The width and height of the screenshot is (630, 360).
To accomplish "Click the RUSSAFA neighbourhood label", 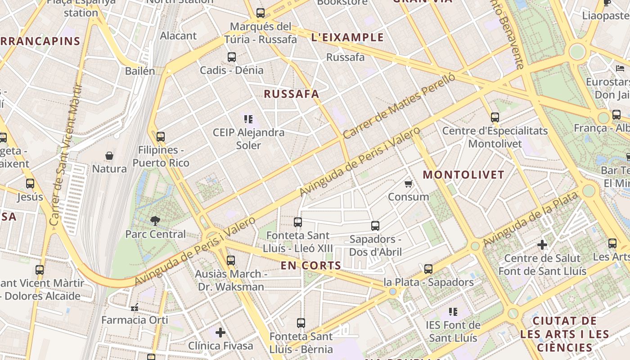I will coord(291,94).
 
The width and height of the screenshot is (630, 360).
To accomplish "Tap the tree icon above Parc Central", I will coord(155,220).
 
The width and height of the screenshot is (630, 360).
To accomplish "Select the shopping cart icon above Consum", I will coord(408,184).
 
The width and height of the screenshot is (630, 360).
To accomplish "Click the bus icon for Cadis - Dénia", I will coord(232,57).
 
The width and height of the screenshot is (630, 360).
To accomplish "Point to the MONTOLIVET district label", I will coord(463,175).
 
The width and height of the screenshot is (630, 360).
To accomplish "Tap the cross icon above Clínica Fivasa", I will coord(220,333).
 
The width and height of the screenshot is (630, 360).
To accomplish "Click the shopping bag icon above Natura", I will coord(109,156).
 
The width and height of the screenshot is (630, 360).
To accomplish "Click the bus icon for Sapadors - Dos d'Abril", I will coord(375,226).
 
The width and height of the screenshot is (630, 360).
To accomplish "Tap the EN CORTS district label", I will coord(311,265).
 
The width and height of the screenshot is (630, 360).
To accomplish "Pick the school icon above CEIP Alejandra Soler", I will coord(248,119).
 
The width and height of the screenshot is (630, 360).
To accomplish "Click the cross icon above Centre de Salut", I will coord(542,245).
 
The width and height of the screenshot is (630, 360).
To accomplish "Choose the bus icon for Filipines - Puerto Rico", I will coord(160,137).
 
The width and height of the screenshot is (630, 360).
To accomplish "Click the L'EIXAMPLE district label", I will coord(347,37).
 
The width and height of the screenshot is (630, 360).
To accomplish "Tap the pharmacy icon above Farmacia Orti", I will coord(134,307).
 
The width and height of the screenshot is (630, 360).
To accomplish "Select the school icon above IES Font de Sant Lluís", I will coord(453,311).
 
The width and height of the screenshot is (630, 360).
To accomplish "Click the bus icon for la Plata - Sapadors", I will coord(428,269).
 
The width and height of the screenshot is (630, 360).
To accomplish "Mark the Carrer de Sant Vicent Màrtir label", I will coord(66,155).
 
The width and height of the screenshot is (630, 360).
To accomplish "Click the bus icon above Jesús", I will coord(30,184).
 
